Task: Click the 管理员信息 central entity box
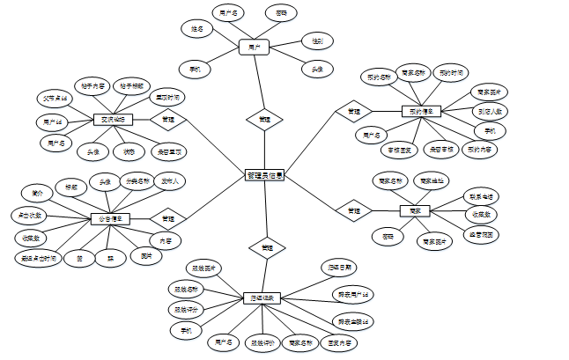[264, 176]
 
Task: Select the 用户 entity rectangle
[254, 47]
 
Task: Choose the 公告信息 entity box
[110, 218]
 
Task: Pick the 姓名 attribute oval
[198, 29]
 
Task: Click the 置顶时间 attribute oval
[167, 97]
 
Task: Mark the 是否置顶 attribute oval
[169, 151]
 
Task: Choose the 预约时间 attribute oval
[453, 73]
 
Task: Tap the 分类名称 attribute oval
[138, 183]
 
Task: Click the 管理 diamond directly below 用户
[264, 118]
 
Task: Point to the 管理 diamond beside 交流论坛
[167, 119]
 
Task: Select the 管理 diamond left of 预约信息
[353, 112]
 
